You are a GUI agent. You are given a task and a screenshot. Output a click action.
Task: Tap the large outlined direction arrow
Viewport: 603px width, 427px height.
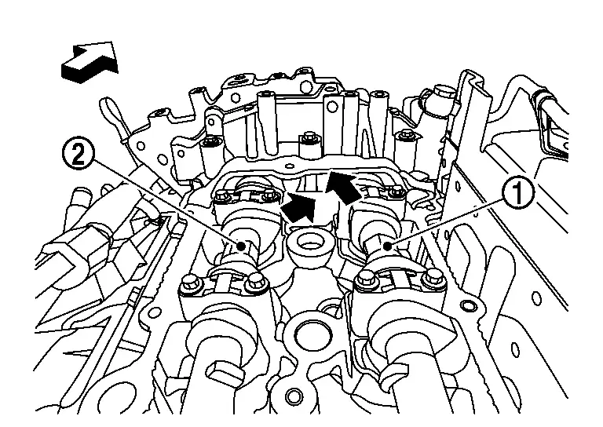click(90, 61)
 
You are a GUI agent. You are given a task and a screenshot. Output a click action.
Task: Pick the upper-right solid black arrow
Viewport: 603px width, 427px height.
click(344, 186)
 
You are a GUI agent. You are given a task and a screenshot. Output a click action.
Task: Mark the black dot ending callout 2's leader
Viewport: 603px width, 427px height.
click(242, 246)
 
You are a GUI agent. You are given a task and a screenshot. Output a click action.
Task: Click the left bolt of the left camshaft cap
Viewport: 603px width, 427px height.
click(188, 283)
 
